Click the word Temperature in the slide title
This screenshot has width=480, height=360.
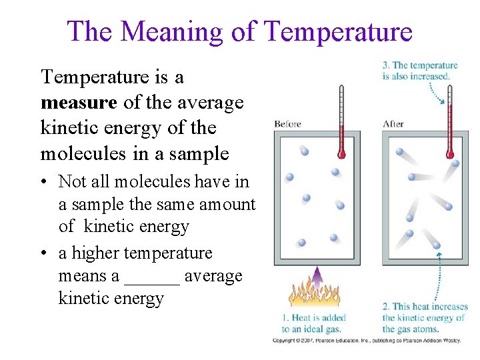[338, 31]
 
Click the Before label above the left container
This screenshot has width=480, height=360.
[287, 124]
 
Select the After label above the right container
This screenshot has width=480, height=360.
[393, 124]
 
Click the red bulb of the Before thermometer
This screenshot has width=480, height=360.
[341, 154]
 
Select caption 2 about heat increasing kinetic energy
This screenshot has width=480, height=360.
[425, 318]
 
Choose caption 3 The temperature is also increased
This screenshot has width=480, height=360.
[420, 71]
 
